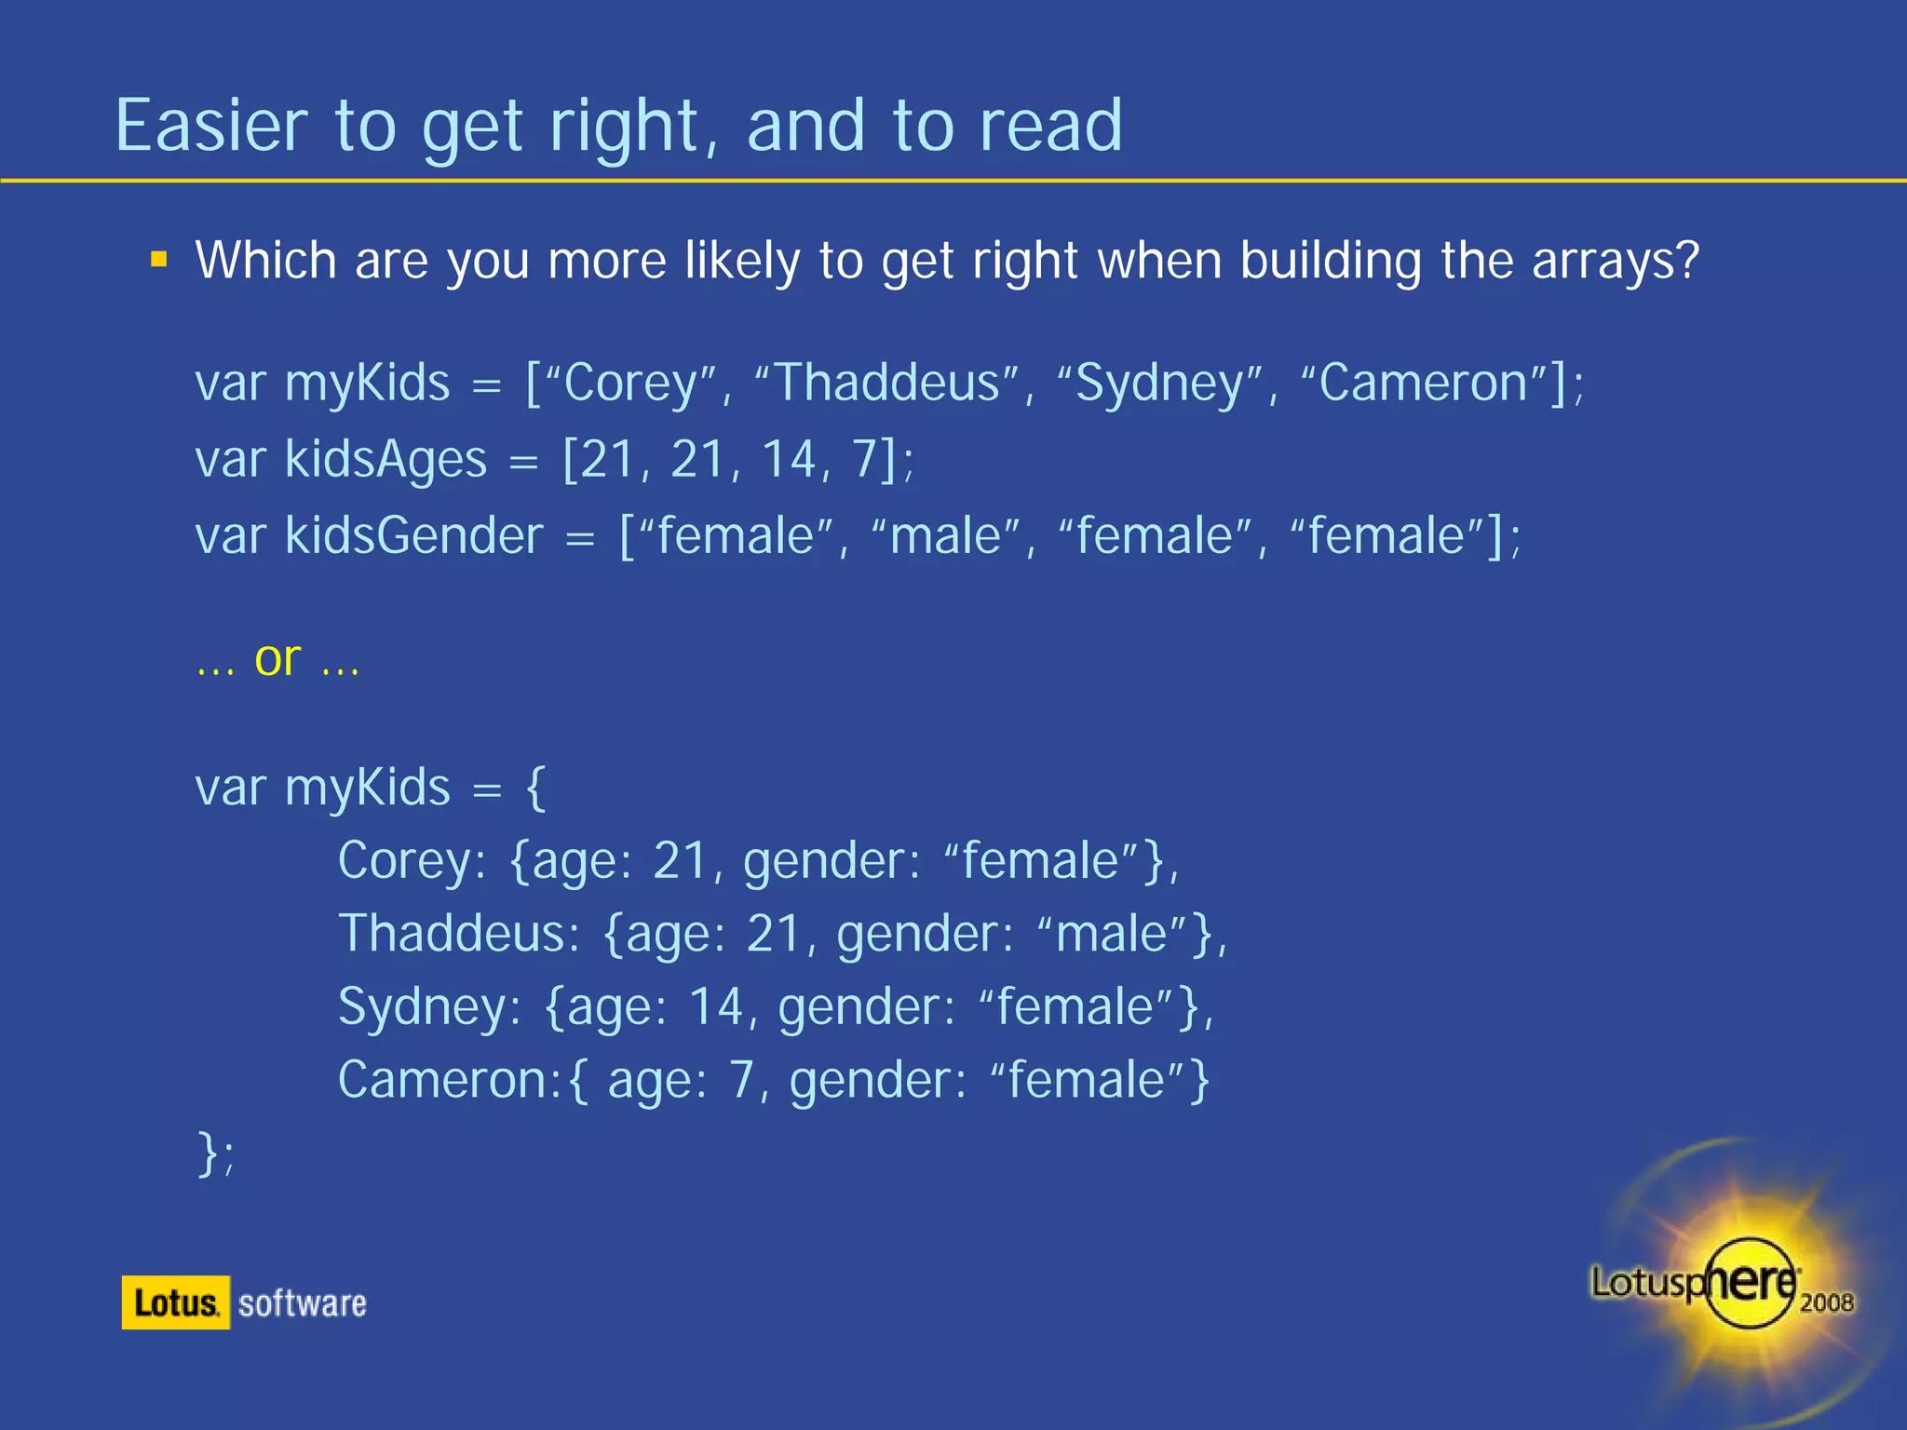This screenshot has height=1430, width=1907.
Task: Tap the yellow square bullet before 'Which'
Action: (159, 260)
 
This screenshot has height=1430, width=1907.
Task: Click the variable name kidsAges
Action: (385, 460)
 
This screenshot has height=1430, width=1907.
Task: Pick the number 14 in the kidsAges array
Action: (790, 460)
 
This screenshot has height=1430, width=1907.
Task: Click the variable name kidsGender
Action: (413, 536)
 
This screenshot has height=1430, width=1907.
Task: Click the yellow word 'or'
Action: (277, 659)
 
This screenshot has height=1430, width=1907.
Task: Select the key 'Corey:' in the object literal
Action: (412, 861)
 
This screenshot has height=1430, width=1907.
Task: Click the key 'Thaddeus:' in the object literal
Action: (459, 934)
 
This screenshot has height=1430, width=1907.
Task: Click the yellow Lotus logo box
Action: (175, 1302)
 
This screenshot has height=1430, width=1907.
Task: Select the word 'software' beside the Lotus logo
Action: (303, 1303)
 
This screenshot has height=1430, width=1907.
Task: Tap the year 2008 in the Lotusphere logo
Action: (1826, 1302)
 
